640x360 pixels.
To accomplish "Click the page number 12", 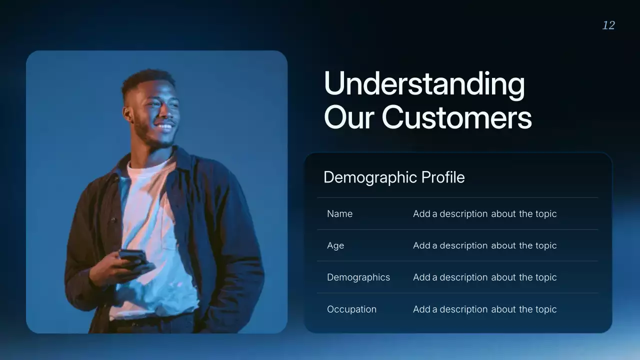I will click(608, 25).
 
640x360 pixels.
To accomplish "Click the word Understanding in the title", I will click(424, 83).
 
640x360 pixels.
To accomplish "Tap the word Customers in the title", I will click(456, 117).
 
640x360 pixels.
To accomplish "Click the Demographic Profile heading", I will click(394, 177).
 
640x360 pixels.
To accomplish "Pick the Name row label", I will click(339, 213).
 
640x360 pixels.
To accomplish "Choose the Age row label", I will click(335, 245).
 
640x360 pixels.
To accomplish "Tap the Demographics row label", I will click(358, 277).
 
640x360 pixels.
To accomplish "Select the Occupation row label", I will click(351, 309).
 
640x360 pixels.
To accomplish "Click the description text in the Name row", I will click(484, 213).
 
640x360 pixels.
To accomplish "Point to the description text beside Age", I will click(484, 245).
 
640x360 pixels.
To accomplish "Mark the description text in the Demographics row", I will click(484, 277).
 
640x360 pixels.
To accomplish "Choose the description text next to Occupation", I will click(484, 309).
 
